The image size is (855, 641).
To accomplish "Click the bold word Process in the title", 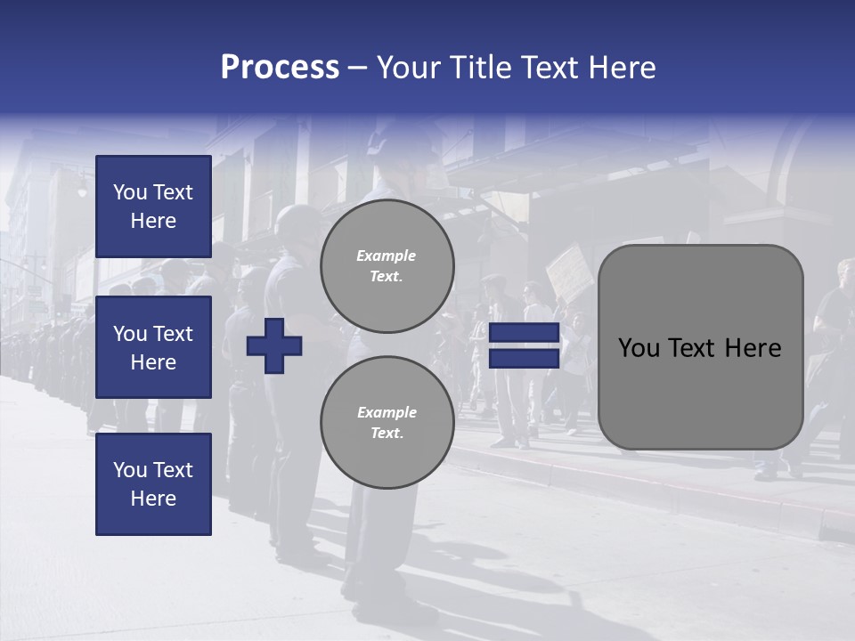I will [280, 68].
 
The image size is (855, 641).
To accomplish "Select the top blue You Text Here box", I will [153, 207].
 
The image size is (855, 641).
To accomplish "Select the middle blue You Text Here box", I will [153, 347].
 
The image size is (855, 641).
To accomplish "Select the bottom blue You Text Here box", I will [153, 484].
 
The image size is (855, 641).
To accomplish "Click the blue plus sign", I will [274, 345].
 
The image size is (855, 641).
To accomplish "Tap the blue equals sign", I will [524, 345].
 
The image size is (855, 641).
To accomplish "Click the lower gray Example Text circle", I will [387, 422].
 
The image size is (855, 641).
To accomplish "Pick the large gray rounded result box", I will [700, 347].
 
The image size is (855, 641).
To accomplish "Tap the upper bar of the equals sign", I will [524, 333].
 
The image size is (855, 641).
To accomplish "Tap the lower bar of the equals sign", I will [524, 358].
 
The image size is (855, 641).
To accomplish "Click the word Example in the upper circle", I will [387, 256].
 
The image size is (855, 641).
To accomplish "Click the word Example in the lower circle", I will [387, 412].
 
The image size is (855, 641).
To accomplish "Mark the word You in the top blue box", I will [129, 192].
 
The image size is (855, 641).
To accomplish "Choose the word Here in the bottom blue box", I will [153, 499].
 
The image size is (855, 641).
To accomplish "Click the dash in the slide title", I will [358, 68].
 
